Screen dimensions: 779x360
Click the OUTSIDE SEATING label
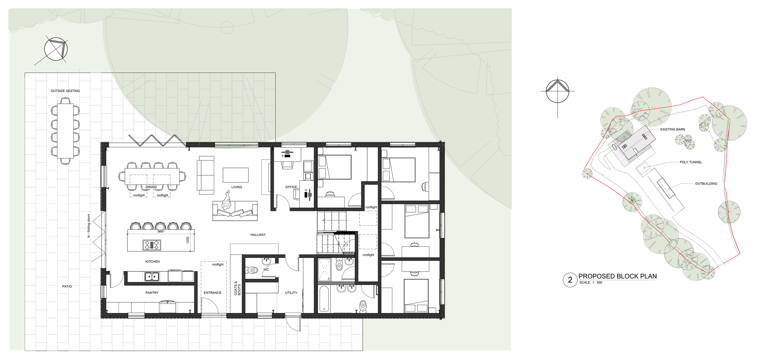click(x=65, y=91)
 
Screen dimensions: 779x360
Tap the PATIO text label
click(x=67, y=287)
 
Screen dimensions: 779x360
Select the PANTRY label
click(x=152, y=293)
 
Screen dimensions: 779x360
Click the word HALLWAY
click(x=258, y=235)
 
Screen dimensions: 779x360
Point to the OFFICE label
click(x=291, y=187)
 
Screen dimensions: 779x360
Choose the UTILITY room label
click(x=291, y=293)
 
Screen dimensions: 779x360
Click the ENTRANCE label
click(x=213, y=293)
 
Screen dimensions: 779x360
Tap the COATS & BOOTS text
click(x=237, y=288)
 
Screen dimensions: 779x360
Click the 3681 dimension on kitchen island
click(x=161, y=231)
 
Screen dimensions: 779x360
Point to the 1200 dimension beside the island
click(x=187, y=240)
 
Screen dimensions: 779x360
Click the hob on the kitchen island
click(x=152, y=245)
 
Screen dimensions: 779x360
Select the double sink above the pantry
click(x=152, y=277)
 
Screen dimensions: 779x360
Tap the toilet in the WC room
click(x=252, y=270)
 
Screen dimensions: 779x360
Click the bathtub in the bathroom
click(x=323, y=299)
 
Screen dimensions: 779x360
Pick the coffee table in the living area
click(x=236, y=175)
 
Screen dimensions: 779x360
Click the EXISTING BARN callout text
click(x=673, y=129)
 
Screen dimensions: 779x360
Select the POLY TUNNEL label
click(x=691, y=162)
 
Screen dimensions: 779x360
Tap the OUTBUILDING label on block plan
click(x=706, y=184)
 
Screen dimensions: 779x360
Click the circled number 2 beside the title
click(x=570, y=280)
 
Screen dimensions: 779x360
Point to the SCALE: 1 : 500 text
click(x=591, y=282)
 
